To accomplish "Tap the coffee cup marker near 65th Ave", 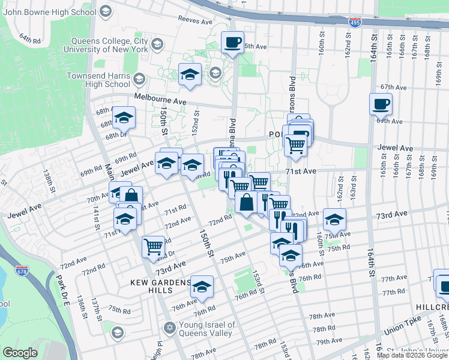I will pos(232,42).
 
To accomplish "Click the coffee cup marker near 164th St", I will pos(381,104).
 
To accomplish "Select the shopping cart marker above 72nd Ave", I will pos(153,246).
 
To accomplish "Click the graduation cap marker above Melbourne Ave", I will pos(190,75).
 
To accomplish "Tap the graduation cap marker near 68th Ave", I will pos(124,118).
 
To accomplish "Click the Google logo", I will pos(19,353).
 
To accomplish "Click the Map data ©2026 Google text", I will pos(412,355).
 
